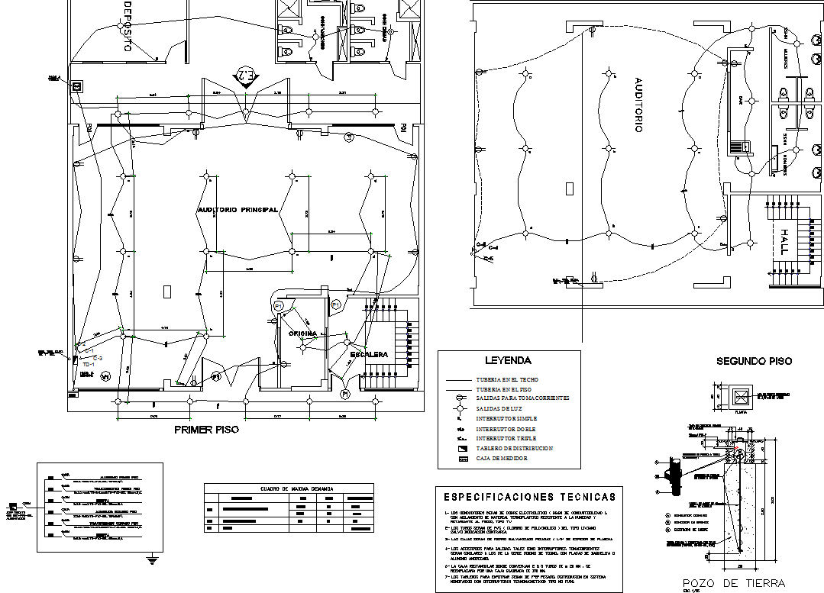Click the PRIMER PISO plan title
[x=206, y=430]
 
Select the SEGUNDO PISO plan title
[x=754, y=361]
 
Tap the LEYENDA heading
[x=508, y=360]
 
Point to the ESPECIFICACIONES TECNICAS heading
[x=528, y=497]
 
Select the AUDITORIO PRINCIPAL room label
[x=237, y=209]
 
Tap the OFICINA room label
[x=303, y=334]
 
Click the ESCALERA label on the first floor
[x=370, y=355]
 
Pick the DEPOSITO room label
[x=126, y=27]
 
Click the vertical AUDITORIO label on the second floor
[x=638, y=105]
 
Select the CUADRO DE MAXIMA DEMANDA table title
[x=288, y=488]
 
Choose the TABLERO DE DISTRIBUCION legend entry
[x=514, y=449]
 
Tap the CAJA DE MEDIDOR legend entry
[x=503, y=459]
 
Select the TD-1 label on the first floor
[x=88, y=365]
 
